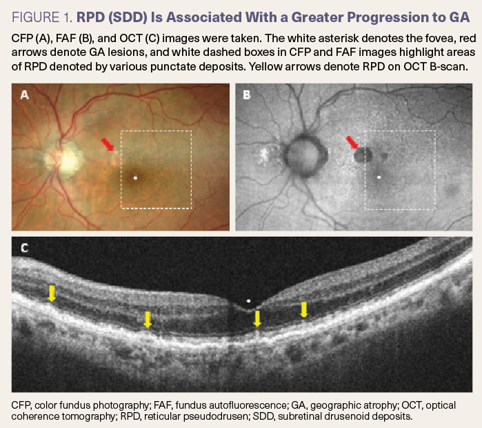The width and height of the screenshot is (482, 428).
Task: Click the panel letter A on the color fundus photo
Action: [x=25, y=95]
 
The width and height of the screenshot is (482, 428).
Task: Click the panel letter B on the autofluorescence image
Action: [x=247, y=95]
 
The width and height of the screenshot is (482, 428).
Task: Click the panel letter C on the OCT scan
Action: [x=25, y=248]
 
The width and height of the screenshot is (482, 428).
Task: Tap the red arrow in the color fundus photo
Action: [x=108, y=144]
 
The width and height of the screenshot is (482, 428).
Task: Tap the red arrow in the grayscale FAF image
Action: [x=352, y=142]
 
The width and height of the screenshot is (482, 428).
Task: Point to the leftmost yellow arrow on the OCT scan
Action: [x=52, y=293]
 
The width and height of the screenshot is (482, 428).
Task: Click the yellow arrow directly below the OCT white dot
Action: [x=257, y=318]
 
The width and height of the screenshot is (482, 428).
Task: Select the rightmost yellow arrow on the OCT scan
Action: [x=304, y=309]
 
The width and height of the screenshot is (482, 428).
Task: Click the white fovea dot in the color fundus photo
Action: [x=135, y=178]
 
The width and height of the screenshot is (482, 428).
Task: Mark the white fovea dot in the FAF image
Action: [x=379, y=177]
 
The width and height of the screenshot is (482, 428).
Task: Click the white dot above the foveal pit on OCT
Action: [x=248, y=300]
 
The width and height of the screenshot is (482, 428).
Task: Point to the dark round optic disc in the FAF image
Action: [x=303, y=157]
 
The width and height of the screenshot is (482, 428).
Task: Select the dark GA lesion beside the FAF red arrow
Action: [x=363, y=155]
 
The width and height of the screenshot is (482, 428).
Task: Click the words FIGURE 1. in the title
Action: [x=42, y=17]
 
